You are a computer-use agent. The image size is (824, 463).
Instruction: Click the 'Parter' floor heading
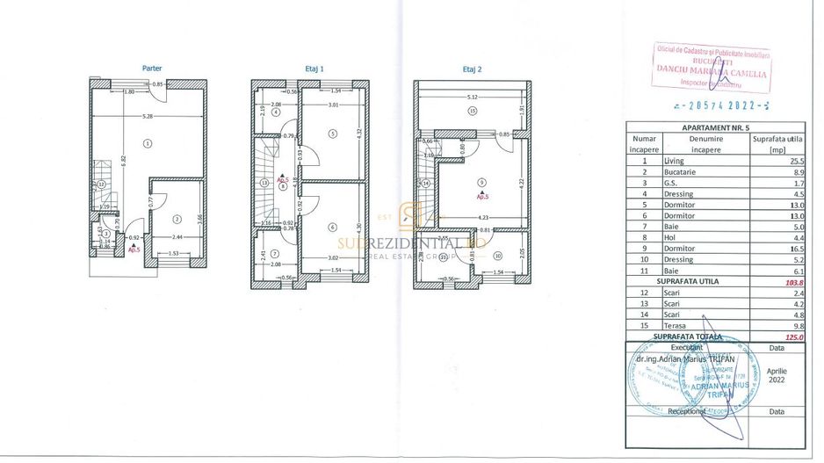(x=152, y=68)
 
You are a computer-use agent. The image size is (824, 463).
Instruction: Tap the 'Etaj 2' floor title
(x=473, y=68)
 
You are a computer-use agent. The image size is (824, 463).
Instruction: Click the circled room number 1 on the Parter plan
(x=148, y=142)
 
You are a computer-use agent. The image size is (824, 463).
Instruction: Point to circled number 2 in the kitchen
(x=177, y=219)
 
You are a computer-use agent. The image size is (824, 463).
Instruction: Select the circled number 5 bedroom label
(x=332, y=134)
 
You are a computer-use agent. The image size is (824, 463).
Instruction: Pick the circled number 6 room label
(x=332, y=227)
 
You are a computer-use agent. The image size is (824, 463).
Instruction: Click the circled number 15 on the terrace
(x=473, y=112)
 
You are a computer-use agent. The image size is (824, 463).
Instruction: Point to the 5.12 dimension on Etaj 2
(x=473, y=97)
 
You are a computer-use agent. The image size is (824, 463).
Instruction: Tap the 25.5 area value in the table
(x=774, y=161)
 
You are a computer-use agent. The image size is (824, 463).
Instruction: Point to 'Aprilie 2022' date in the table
(x=776, y=376)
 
